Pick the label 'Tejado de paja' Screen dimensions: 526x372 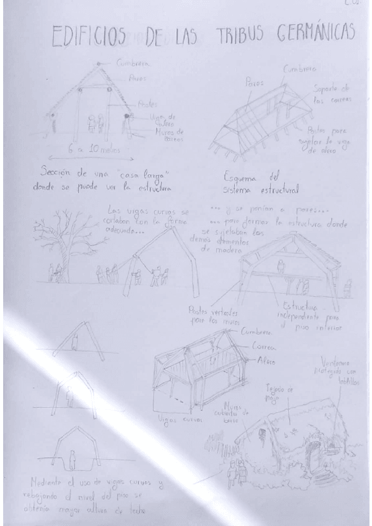click(x=279, y=391)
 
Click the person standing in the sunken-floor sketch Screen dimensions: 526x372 click(x=72, y=460)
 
